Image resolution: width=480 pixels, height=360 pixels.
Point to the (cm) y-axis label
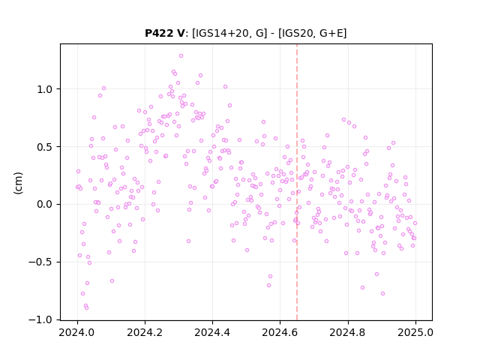pyautogui.click(x=18, y=183)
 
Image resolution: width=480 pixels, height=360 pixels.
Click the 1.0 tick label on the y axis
pyautogui.click(x=45, y=89)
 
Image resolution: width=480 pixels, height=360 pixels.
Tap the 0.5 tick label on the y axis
pyautogui.click(x=45, y=147)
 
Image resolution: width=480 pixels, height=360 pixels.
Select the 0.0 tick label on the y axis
pyautogui.click(x=45, y=205)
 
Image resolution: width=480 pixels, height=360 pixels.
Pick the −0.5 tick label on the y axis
pyautogui.click(x=40, y=262)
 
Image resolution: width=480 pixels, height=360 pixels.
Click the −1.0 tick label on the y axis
pyautogui.click(x=40, y=320)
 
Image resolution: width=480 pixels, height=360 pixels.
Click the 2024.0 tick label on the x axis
pyautogui.click(x=77, y=332)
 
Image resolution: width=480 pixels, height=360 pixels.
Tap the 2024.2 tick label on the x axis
pyautogui.click(x=145, y=332)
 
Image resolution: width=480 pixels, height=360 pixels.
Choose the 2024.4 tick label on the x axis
pyautogui.click(x=212, y=332)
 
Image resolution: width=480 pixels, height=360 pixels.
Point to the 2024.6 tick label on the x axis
pyautogui.click(x=280, y=332)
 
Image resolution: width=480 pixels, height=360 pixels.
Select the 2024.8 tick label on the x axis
pyautogui.click(x=348, y=332)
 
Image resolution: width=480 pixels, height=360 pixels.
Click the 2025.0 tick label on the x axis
pyautogui.click(x=415, y=332)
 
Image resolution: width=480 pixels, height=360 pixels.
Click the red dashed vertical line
pyautogui.click(x=297, y=182)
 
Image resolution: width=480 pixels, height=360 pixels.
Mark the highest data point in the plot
pyautogui.click(x=181, y=55)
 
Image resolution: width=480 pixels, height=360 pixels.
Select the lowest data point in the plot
pyautogui.click(x=87, y=307)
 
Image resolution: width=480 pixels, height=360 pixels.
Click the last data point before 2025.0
pyautogui.click(x=415, y=223)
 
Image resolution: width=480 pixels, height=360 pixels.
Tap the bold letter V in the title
pyautogui.click(x=180, y=33)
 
